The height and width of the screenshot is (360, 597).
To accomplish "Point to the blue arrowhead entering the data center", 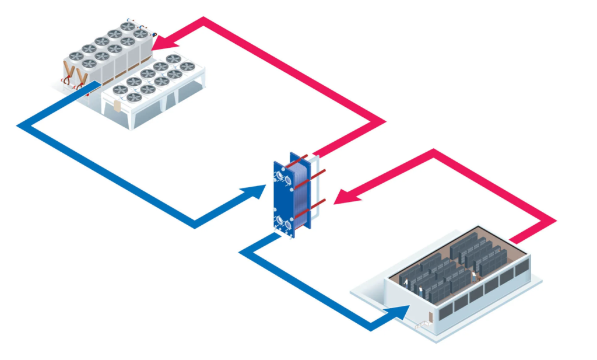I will click(x=400, y=313).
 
